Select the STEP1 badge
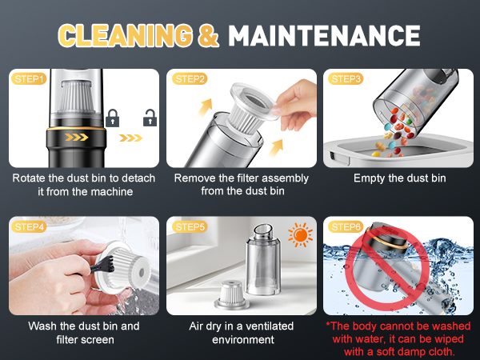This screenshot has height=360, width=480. click(29, 78)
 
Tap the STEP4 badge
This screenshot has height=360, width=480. click(29, 227)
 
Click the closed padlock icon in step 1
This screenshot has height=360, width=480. click(112, 119)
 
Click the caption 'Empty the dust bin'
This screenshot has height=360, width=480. click(399, 178)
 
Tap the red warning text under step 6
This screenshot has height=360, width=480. click(399, 338)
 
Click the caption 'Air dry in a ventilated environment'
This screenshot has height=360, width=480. click(242, 332)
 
